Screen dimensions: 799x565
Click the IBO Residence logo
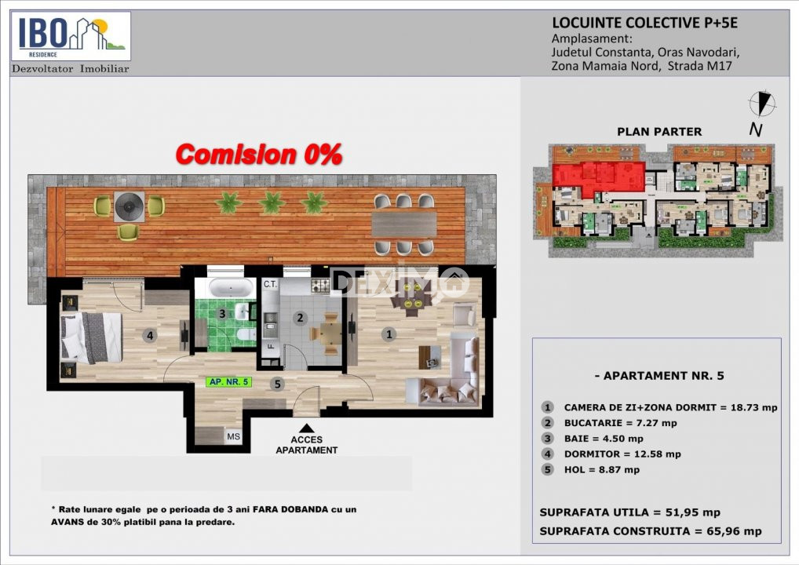pyautogui.click(x=71, y=37)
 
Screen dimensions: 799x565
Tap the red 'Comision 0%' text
pyautogui.click(x=259, y=155)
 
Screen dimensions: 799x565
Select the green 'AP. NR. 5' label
pyautogui.click(x=229, y=381)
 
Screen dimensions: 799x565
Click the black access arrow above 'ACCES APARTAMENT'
pyautogui.click(x=306, y=428)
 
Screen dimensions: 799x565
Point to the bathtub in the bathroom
pyautogui.click(x=231, y=288)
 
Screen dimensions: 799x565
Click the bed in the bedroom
pyautogui.click(x=92, y=337)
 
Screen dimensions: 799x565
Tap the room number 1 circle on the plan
pyautogui.click(x=389, y=334)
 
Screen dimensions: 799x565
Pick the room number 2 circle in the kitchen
pyautogui.click(x=300, y=318)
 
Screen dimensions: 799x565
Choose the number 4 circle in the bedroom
pyautogui.click(x=149, y=335)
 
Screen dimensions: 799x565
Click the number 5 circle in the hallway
pyautogui.click(x=277, y=385)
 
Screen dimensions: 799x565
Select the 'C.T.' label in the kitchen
pyautogui.click(x=270, y=284)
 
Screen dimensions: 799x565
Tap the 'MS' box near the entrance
pyautogui.click(x=233, y=436)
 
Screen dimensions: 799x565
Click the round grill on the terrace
pyautogui.click(x=129, y=206)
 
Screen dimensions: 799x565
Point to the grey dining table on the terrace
pyautogui.click(x=404, y=224)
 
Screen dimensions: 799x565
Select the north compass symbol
pyautogui.click(x=762, y=104)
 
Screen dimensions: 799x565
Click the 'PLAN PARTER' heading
pyautogui.click(x=659, y=132)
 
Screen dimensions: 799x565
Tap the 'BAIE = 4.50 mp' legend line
pyautogui.click(x=604, y=439)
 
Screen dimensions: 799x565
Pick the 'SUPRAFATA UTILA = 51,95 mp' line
pyautogui.click(x=629, y=512)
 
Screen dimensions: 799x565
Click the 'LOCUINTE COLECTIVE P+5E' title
pyautogui.click(x=644, y=23)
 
